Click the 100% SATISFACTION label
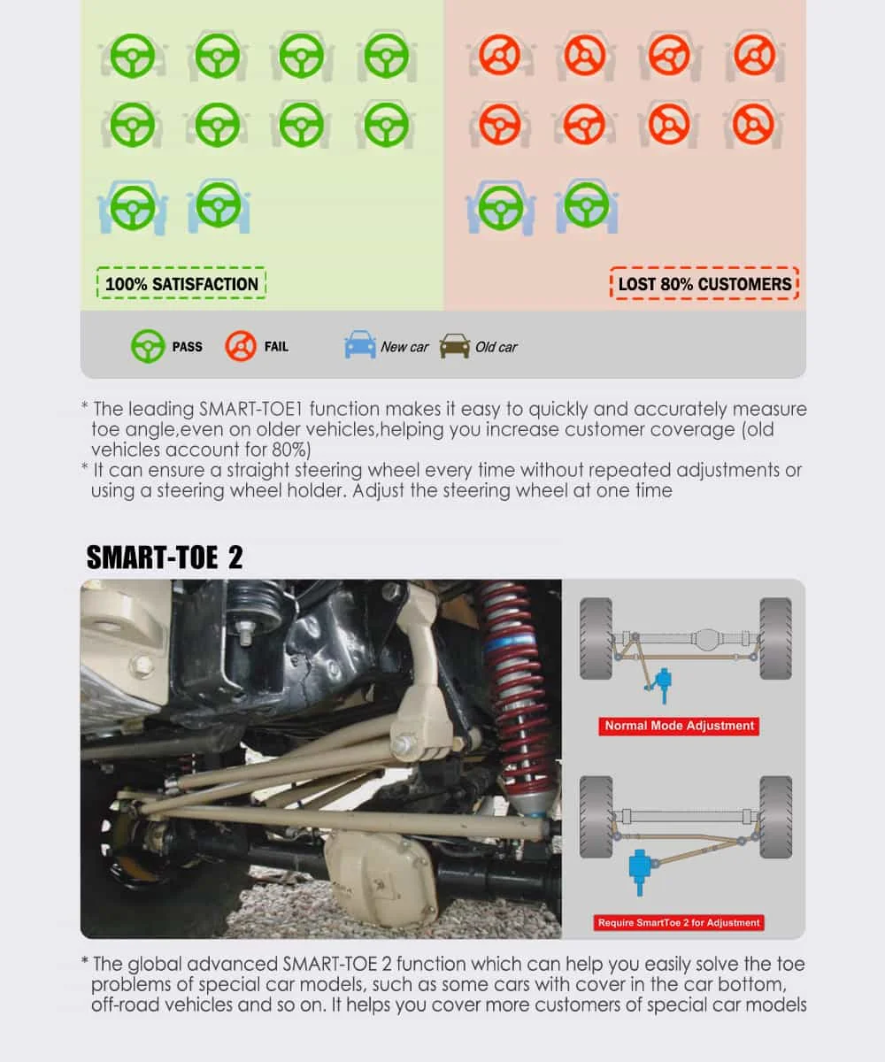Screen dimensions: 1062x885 181,284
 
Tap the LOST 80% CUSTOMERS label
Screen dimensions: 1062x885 704,284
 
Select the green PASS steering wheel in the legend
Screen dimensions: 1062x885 147,346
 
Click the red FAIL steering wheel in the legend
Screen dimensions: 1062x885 240,346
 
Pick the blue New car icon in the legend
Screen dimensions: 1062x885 360,345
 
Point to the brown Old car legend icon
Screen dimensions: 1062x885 455,345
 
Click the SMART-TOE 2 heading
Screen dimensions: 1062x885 164,558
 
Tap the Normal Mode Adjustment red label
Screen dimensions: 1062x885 680,726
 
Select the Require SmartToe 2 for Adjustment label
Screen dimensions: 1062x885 679,922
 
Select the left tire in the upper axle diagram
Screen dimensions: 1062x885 596,638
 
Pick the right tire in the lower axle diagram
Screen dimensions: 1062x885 775,817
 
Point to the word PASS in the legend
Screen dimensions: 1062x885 187,347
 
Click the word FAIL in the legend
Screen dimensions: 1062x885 276,347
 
